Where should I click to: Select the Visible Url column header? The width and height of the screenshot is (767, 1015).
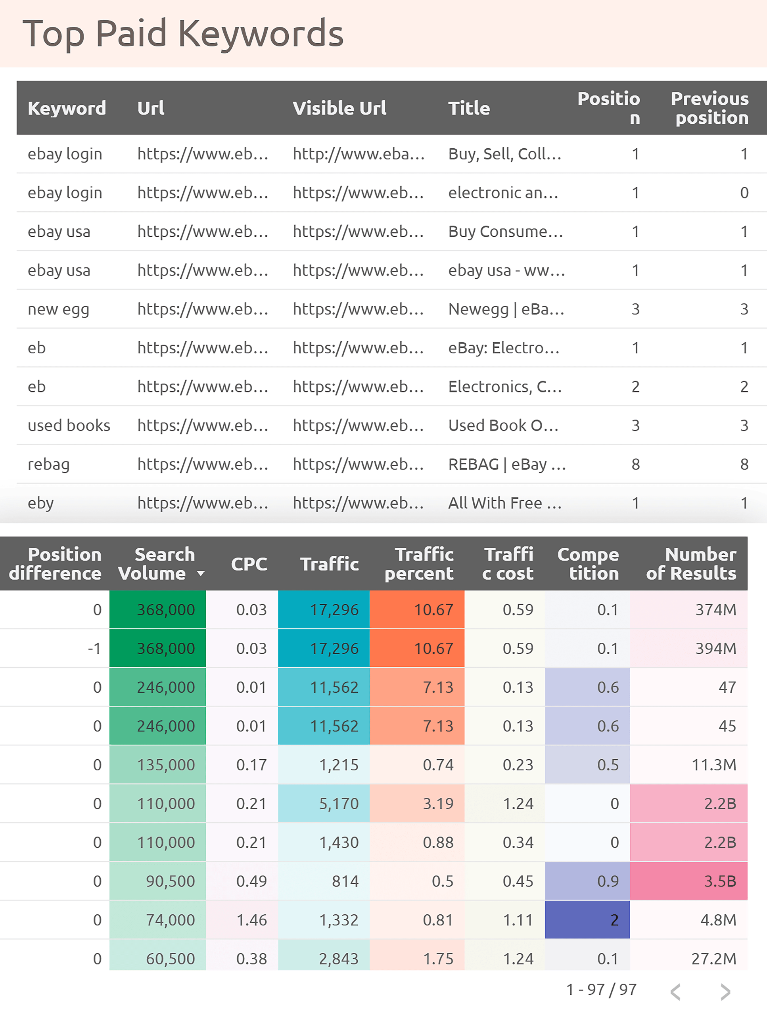pos(339,108)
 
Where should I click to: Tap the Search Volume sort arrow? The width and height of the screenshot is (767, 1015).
pos(201,574)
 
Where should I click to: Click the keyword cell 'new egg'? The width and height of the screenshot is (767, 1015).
pos(58,309)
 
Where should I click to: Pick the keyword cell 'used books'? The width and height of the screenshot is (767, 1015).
pos(69,425)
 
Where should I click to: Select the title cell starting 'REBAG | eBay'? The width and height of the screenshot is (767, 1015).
pos(507,464)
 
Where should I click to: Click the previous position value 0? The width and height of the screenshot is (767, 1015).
pos(744,193)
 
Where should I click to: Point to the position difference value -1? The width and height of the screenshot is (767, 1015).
pos(94,648)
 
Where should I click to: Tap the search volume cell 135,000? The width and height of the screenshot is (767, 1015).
pos(166,765)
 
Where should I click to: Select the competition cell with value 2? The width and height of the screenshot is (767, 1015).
pos(614,920)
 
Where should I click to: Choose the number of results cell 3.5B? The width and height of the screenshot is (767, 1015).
pos(720,881)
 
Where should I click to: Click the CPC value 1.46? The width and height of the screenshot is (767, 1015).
pos(251,920)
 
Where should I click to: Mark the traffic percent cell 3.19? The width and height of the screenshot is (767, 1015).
pos(437,803)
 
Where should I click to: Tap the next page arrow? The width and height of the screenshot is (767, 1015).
pos(725,992)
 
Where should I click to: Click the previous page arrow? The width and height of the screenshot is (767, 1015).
pos(675,992)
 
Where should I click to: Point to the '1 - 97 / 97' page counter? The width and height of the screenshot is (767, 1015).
pos(601,990)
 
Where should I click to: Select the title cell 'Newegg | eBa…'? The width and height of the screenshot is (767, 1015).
pos(506,309)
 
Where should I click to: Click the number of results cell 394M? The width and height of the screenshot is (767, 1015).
pos(715,648)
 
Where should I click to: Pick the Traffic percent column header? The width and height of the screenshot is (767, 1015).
pos(419,564)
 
